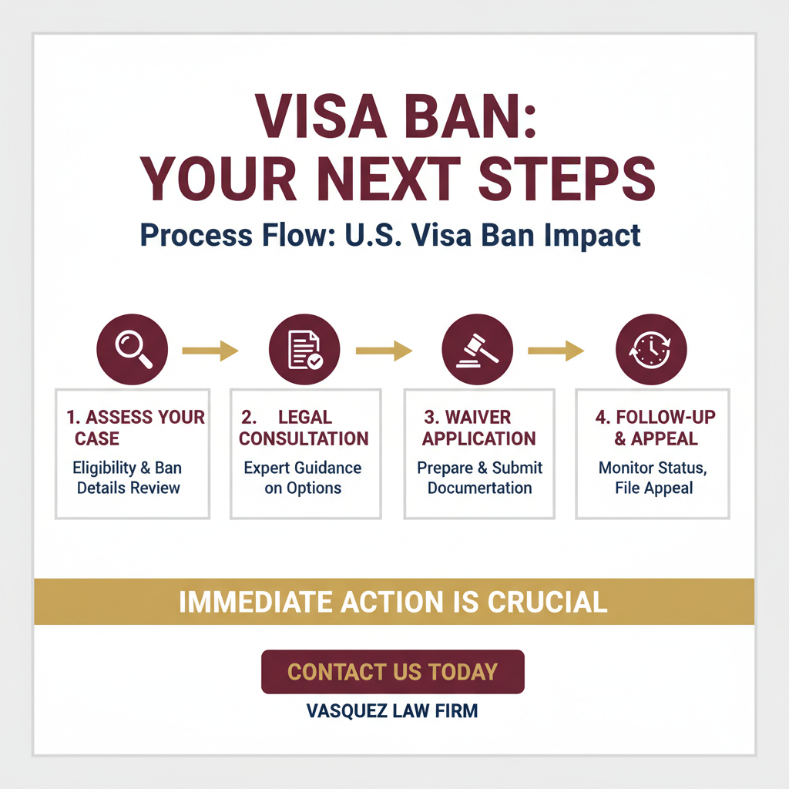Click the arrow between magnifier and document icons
point(210,352)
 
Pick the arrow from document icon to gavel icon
point(383,352)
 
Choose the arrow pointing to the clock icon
point(556,352)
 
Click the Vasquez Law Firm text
point(392,710)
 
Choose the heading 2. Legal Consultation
point(304,428)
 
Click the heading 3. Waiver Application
point(478,428)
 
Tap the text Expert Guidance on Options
point(302,478)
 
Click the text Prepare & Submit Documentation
point(479,478)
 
